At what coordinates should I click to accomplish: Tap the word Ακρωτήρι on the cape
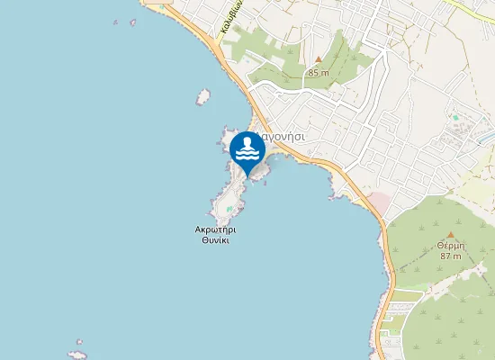click(x=216, y=229)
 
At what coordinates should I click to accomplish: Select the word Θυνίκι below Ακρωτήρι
click(x=216, y=240)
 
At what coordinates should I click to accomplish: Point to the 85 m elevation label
click(x=319, y=72)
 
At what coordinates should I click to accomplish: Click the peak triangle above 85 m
click(x=317, y=60)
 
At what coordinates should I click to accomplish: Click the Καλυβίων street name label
click(x=232, y=20)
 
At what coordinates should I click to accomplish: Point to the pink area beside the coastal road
click(x=378, y=202)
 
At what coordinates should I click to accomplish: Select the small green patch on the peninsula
click(x=230, y=211)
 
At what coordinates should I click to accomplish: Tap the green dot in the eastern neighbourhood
click(x=456, y=117)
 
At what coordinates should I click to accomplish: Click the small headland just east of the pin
click(x=262, y=174)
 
